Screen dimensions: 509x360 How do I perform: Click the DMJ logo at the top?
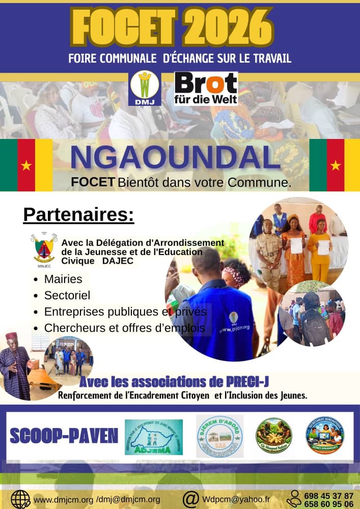coord(145,88)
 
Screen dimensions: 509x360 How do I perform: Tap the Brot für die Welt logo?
coord(206,88)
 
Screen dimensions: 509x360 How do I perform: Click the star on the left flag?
coord(26,165)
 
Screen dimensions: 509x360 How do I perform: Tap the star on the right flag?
coord(336,165)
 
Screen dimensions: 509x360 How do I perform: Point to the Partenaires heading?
coord(78,215)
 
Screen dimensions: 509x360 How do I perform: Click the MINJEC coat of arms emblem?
coord(44,248)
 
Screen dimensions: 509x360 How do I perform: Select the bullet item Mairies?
coord(63,279)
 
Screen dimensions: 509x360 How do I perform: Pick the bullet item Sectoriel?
coord(67,295)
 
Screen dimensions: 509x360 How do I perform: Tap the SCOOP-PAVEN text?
coord(64,435)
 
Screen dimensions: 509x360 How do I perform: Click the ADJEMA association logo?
coord(153,437)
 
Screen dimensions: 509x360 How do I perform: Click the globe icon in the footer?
coord(20,499)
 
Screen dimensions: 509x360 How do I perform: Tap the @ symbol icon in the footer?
coord(190,499)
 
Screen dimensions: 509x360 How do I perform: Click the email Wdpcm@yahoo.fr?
coord(236,499)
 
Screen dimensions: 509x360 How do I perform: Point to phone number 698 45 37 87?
coord(328,495)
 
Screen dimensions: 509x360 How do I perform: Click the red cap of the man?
coord(11,336)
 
